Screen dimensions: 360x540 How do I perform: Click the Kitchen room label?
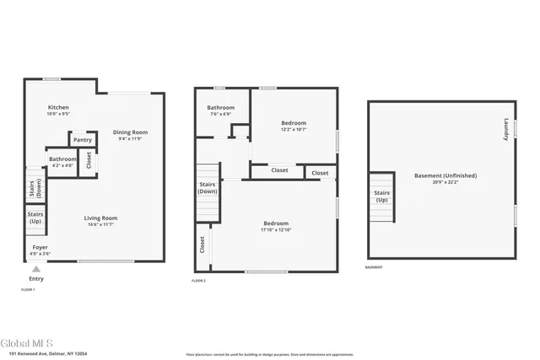[x=58, y=108]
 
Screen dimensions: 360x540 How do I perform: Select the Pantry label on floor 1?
[x=82, y=140]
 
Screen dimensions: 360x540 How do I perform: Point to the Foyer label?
[x=40, y=247]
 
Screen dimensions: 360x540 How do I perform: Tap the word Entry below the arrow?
[x=35, y=279]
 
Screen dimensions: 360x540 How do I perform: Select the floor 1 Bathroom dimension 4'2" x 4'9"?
[x=62, y=165]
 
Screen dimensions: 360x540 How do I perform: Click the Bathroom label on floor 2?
[x=221, y=107]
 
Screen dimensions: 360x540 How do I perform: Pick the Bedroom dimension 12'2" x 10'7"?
[x=294, y=130]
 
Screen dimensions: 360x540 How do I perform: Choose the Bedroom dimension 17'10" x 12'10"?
[x=276, y=230]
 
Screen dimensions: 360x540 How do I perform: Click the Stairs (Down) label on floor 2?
[x=208, y=187]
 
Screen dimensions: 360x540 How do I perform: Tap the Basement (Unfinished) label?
[x=445, y=175]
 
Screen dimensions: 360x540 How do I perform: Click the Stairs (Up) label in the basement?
[x=381, y=196]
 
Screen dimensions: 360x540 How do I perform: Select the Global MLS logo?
[x=26, y=343]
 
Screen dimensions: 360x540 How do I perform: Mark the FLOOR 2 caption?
[x=199, y=280]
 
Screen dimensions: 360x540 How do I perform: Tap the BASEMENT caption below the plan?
[x=374, y=267]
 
